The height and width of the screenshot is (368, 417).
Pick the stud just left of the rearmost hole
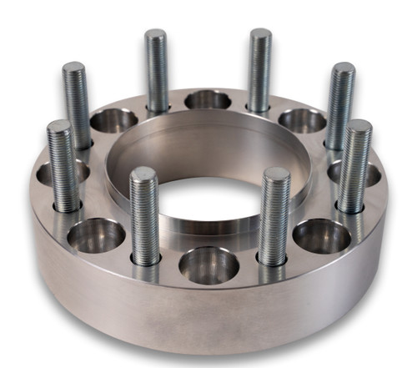tap(157, 71)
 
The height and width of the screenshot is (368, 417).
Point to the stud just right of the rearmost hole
tap(260, 71)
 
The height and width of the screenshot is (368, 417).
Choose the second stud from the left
tap(76, 104)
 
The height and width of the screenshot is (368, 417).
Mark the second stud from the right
tap(340, 104)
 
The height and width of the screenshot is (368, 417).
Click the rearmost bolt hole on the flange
tap(208, 100)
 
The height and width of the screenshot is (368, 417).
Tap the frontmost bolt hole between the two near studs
tap(208, 265)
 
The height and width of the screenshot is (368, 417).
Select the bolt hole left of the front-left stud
tap(96, 235)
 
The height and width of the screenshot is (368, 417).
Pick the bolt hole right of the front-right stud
tap(321, 235)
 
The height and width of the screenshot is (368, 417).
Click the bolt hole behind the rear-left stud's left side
tap(113, 120)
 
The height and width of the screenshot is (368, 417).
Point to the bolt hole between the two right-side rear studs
tap(301, 120)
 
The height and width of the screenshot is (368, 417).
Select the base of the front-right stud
tap(273, 259)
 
